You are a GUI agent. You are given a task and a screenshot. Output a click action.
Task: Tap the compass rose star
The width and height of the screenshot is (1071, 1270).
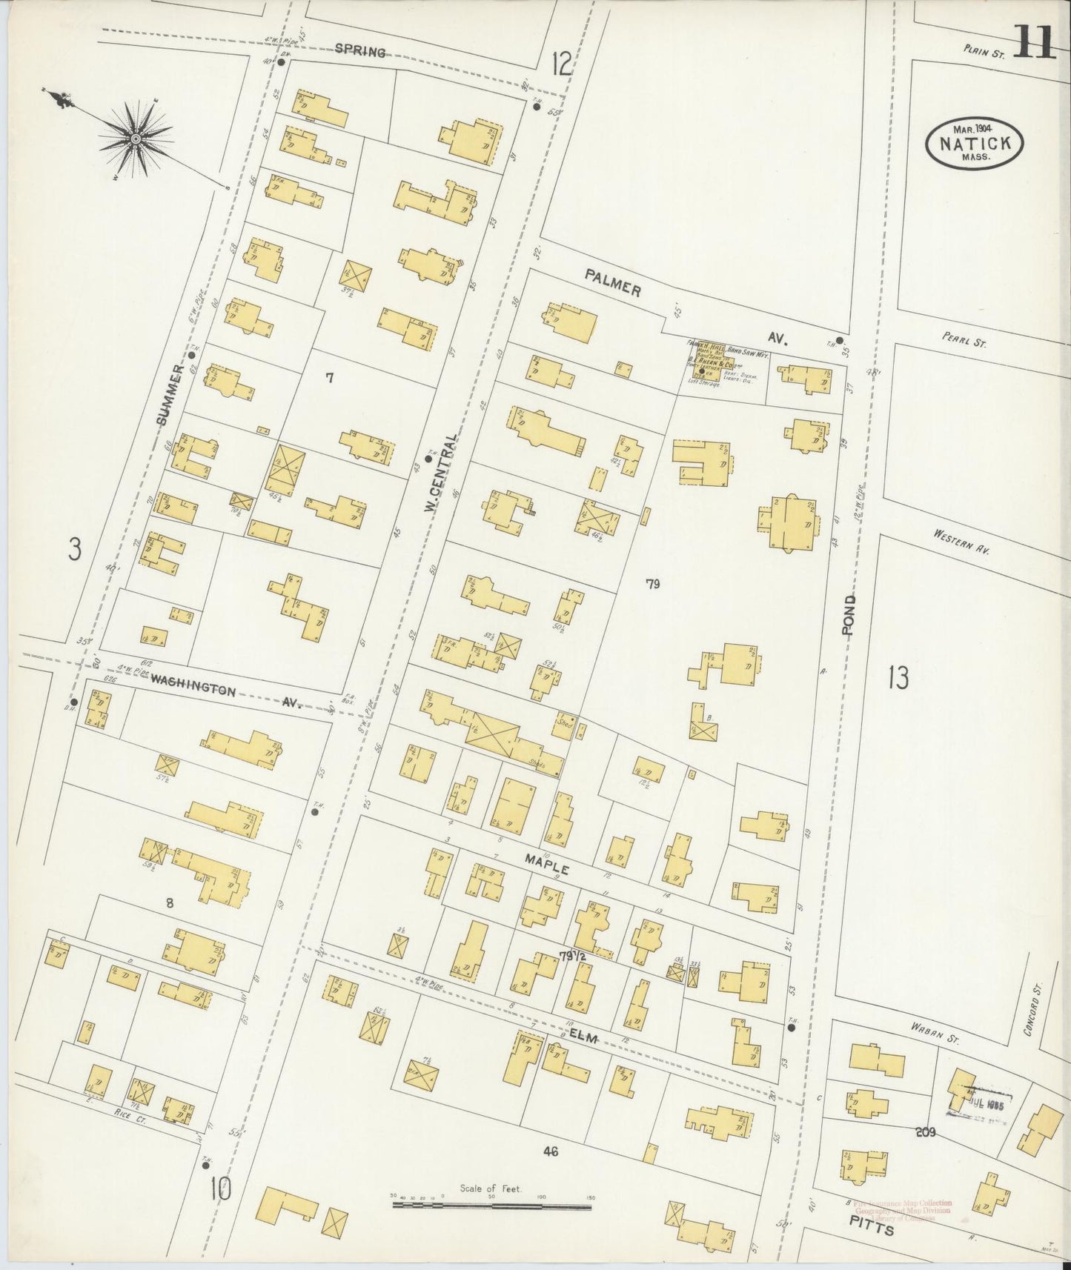[136, 138]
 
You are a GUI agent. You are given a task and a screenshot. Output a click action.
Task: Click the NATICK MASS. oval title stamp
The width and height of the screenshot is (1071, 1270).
[974, 143]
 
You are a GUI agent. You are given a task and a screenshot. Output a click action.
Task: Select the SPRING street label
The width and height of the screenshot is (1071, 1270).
[359, 51]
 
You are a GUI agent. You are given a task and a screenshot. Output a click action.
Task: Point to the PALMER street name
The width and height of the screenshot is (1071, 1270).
[611, 283]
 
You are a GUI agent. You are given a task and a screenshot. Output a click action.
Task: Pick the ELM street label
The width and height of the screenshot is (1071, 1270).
[583, 1037]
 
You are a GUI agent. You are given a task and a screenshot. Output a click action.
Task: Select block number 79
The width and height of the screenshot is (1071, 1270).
[652, 584]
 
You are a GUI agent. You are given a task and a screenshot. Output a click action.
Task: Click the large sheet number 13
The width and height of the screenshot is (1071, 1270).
[898, 677]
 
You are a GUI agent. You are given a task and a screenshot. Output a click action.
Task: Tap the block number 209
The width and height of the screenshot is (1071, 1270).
[926, 1131]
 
